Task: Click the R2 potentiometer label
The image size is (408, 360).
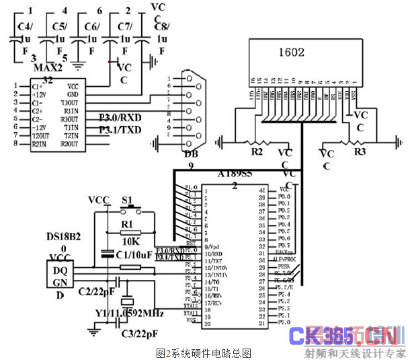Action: tap(255, 153)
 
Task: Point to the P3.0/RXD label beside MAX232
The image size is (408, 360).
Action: tap(121, 116)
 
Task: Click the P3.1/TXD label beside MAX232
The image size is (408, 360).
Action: tap(121, 129)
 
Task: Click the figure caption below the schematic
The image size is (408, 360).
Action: tap(203, 352)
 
